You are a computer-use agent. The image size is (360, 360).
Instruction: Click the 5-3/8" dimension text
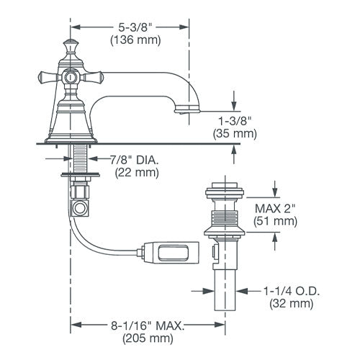[x=135, y=27]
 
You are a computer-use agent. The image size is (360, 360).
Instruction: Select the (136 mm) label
[x=135, y=40]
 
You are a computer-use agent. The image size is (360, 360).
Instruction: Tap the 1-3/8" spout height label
[x=235, y=121]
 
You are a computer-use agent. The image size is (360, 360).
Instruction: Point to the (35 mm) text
[x=235, y=133]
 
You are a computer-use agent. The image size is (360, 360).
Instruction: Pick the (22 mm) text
[x=137, y=173]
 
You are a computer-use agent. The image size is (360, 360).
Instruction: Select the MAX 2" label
[x=274, y=208]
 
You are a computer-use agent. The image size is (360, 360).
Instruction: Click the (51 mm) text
[x=275, y=221]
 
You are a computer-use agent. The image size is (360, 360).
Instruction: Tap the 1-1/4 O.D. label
[x=292, y=291]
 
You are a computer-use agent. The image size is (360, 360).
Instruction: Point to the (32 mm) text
[x=292, y=304]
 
